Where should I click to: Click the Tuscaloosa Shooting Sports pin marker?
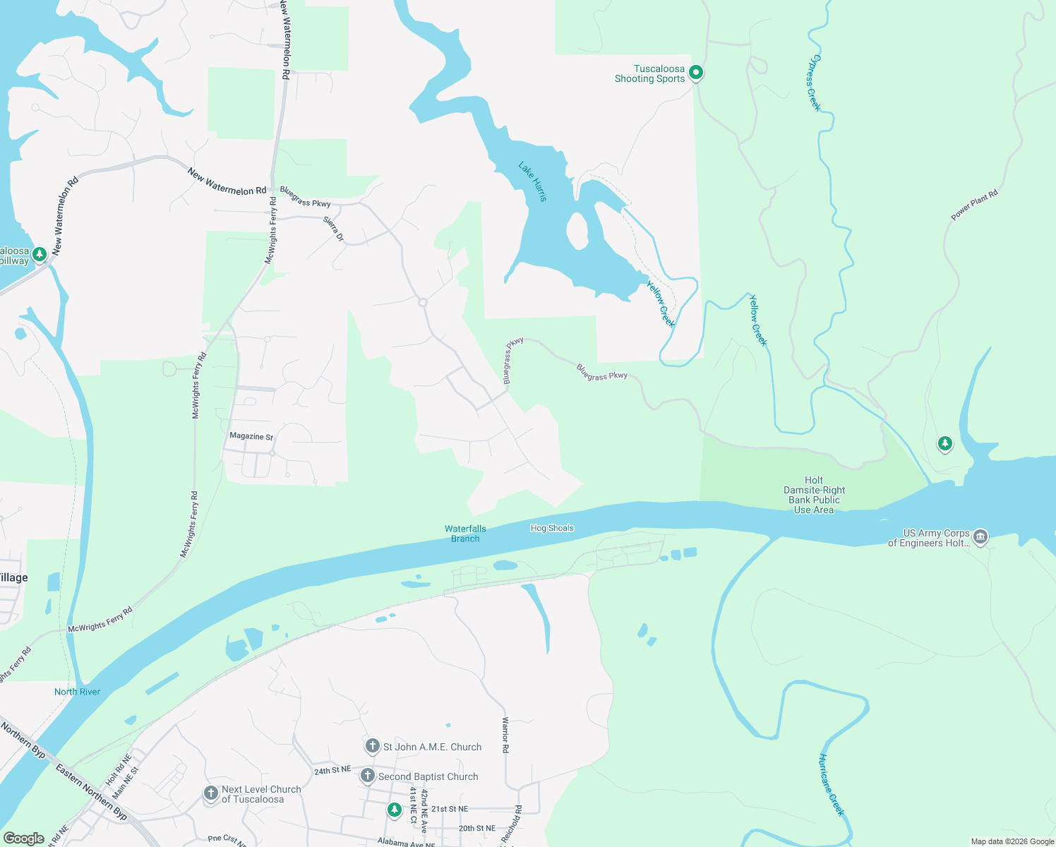695,73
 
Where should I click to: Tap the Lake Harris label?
533,181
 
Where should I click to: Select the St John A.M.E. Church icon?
373,746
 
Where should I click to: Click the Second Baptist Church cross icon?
367,776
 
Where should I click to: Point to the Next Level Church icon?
210,793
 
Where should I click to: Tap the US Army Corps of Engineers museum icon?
980,537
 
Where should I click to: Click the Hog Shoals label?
552,528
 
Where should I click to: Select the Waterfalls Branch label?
465,534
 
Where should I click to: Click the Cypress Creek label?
814,83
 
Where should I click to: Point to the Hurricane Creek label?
831,784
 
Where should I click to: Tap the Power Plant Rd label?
974,205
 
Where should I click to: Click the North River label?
77,692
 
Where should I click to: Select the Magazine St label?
251,436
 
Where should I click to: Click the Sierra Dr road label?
334,228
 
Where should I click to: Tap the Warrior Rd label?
505,734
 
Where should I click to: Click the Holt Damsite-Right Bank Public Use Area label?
814,495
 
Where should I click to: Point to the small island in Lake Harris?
577,231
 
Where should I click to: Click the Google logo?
23,839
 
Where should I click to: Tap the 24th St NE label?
332,770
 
